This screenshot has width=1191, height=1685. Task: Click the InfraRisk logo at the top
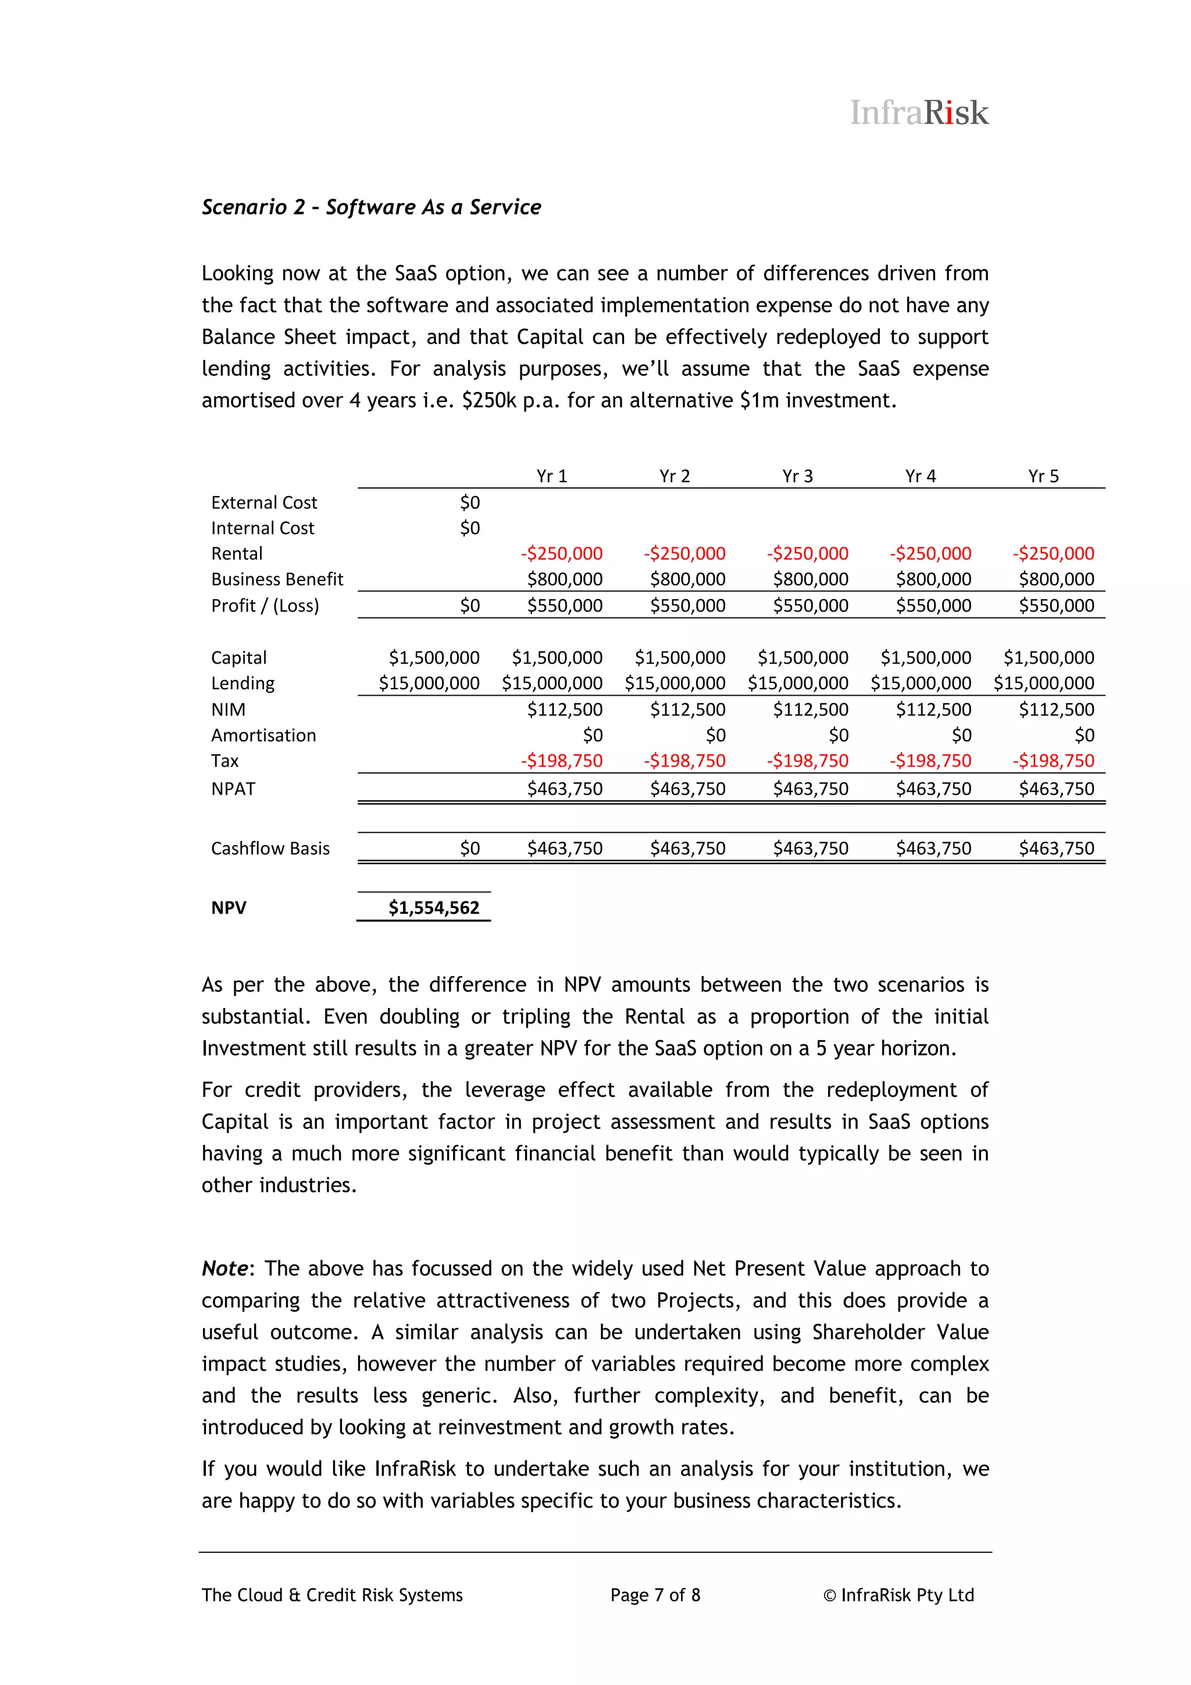coord(919,113)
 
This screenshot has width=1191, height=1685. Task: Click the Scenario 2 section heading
coord(372,208)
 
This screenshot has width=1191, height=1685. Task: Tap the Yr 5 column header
coord(1043,476)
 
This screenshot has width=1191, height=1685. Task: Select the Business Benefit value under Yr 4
coord(933,579)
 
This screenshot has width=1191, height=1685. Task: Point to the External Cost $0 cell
coord(470,503)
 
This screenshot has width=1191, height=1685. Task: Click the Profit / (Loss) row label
coord(265,605)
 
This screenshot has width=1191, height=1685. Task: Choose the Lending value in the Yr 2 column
coord(675,683)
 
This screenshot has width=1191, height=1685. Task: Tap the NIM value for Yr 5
coord(1056,710)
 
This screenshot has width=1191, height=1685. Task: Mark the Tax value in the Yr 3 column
coord(807,761)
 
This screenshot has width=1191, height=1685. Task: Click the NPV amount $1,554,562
coord(434,908)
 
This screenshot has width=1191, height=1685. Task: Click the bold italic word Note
coord(224,1269)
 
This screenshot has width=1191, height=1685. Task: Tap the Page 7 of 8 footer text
coord(655,1595)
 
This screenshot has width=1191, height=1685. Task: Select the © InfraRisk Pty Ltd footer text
coord(898,1595)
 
